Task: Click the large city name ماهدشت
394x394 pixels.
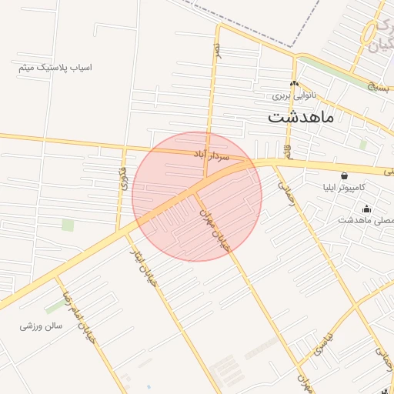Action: (300, 118)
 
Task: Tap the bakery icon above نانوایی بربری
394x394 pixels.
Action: (294, 85)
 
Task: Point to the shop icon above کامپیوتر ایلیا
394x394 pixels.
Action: (343, 175)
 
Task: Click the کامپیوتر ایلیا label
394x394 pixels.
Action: (350, 187)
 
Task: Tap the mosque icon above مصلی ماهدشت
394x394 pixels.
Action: (366, 209)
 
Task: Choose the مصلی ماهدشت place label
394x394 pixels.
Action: (366, 220)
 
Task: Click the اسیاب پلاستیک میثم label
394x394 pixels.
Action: (55, 68)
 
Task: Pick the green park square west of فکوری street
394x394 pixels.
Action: (68, 225)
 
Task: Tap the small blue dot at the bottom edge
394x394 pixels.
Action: (148, 387)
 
